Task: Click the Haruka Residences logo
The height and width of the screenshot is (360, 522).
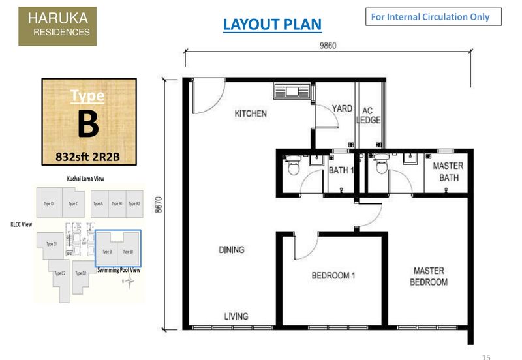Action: pos(57,26)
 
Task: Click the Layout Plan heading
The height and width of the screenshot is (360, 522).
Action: pos(272,25)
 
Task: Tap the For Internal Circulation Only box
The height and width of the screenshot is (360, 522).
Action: pos(433,17)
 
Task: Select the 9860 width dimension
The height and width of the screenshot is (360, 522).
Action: pos(328,46)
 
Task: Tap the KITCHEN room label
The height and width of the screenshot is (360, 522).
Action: pos(251,113)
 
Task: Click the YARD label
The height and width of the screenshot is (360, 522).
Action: pos(342,109)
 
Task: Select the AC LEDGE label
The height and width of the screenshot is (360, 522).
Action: pos(368,115)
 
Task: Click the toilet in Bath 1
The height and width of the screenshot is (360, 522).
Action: pos(292,169)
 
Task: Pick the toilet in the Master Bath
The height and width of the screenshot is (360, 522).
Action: pos(381,169)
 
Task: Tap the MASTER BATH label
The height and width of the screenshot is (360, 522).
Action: pos(448,172)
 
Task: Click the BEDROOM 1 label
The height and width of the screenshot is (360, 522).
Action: pos(333,275)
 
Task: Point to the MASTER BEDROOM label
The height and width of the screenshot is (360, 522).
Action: pos(429,277)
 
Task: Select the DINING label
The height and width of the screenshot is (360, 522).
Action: pos(232,249)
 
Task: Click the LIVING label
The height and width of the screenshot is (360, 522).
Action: pos(236,316)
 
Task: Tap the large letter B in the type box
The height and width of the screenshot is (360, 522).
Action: pos(88,125)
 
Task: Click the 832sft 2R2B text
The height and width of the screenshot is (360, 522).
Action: pos(89,157)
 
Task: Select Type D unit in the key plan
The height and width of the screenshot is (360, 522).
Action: pos(49,204)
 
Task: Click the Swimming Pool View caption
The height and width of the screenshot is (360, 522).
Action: pos(119,269)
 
